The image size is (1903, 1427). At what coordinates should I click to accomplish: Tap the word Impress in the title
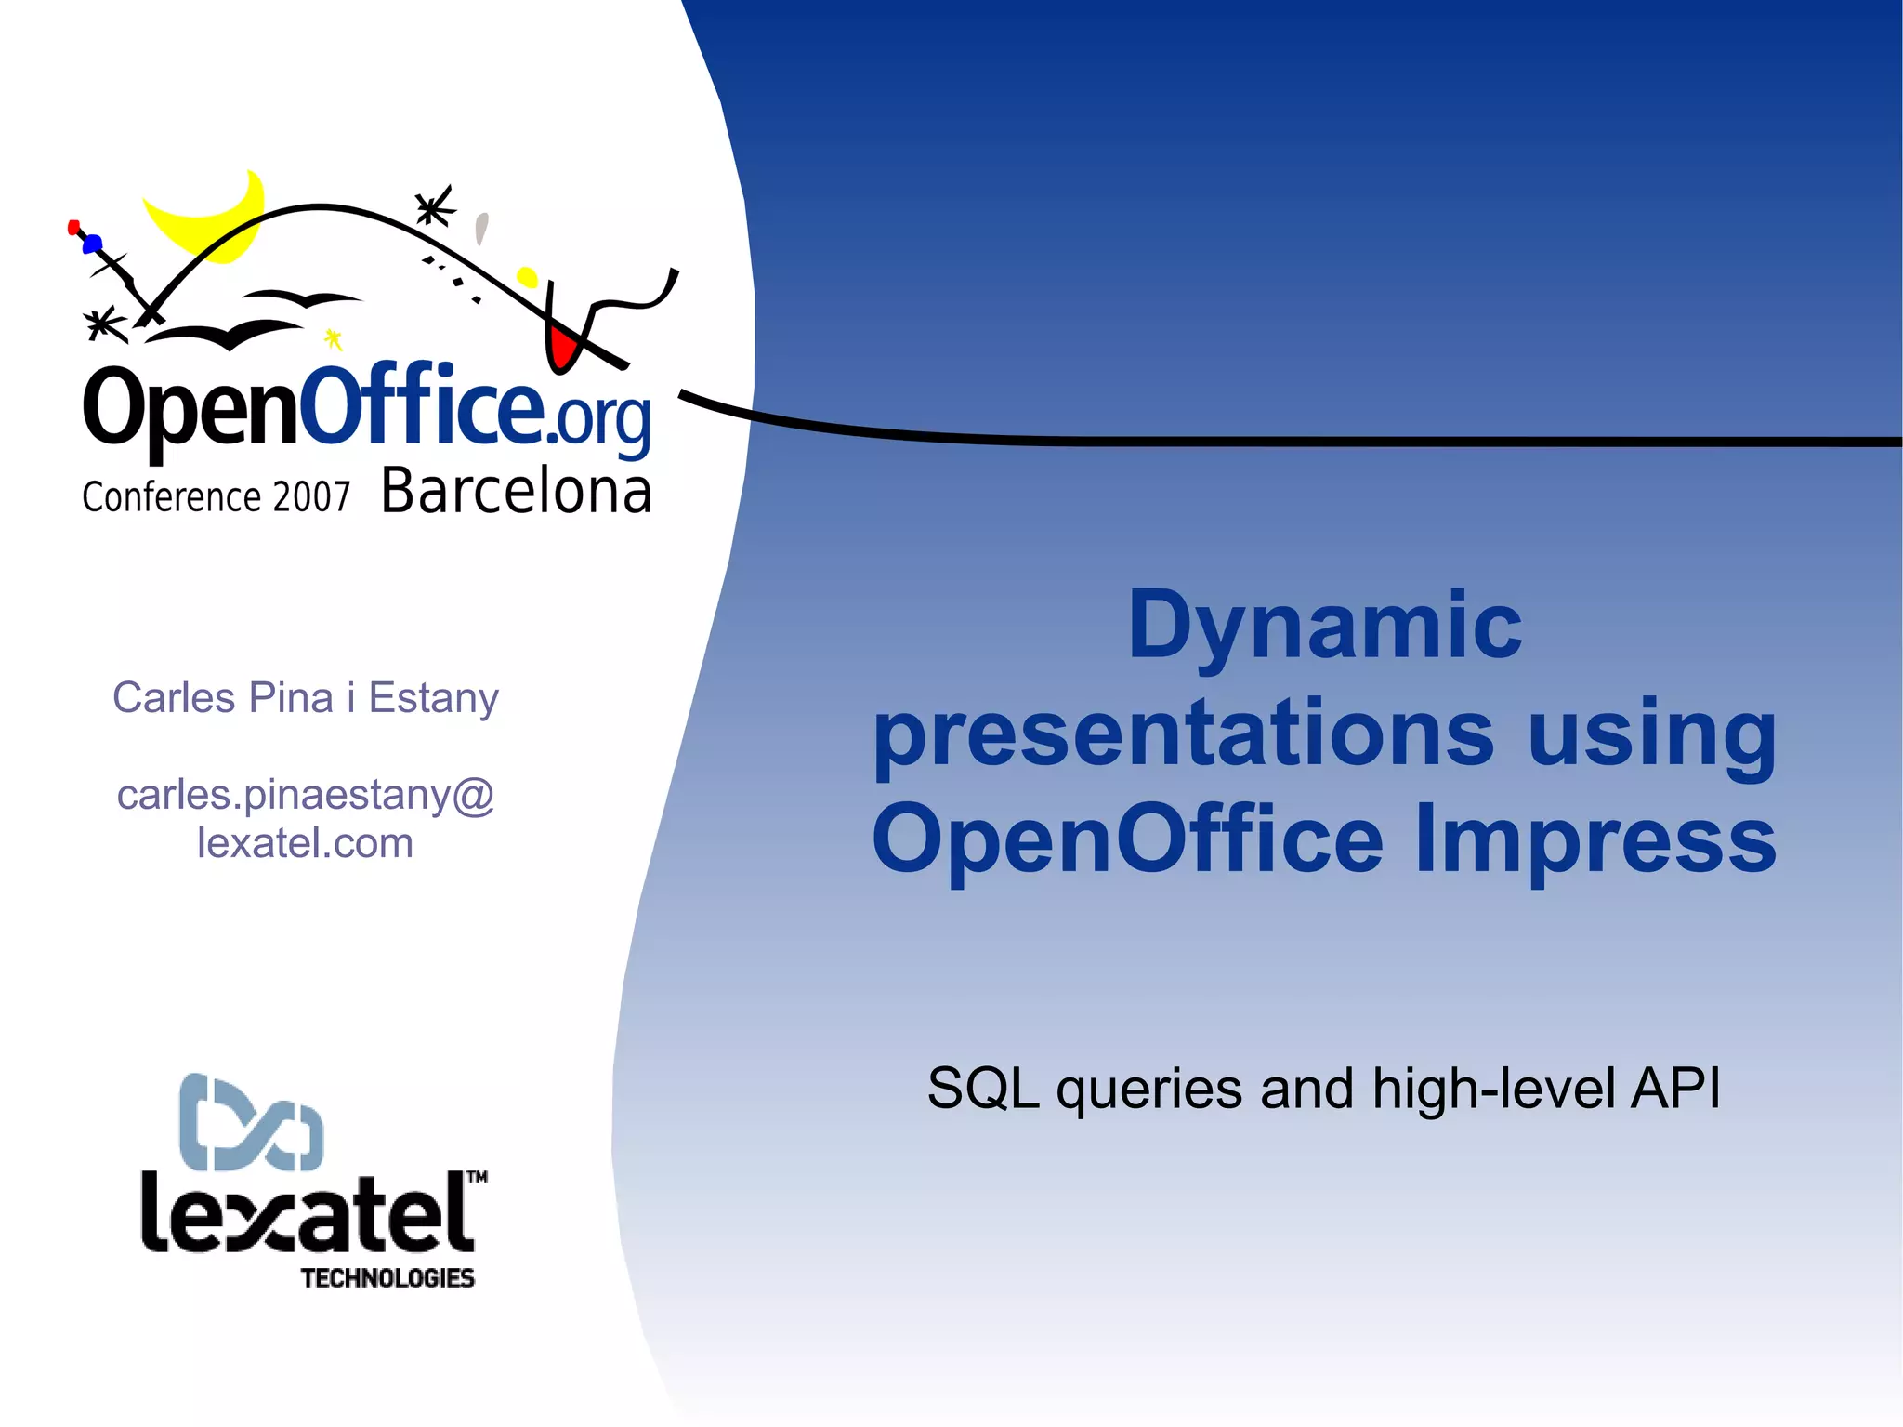pyautogui.click(x=1595, y=839)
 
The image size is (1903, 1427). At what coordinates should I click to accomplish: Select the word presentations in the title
pyautogui.click(x=1183, y=733)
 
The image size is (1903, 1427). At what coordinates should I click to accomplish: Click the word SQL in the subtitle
pyautogui.click(x=982, y=1088)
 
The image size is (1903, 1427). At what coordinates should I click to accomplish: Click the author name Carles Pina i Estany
pyautogui.click(x=305, y=698)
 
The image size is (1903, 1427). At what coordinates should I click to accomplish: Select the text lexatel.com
pyautogui.click(x=305, y=843)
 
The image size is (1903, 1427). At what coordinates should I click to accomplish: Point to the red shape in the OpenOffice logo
pyautogui.click(x=561, y=347)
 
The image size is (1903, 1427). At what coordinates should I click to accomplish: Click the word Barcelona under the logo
pyautogui.click(x=516, y=492)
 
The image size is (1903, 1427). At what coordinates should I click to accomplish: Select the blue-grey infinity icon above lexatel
pyautogui.click(x=251, y=1122)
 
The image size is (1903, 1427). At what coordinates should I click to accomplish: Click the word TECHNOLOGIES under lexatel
pyautogui.click(x=387, y=1278)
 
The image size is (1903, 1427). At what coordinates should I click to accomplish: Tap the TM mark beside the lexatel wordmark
pyautogui.click(x=477, y=1177)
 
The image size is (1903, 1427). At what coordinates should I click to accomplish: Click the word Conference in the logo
pyautogui.click(x=171, y=497)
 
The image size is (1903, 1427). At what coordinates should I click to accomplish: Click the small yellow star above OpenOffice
pyautogui.click(x=333, y=338)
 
